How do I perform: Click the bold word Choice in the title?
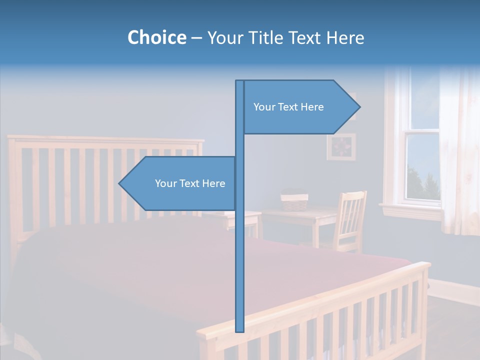(156, 37)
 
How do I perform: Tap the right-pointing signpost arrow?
(300, 107)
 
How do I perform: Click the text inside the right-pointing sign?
(288, 107)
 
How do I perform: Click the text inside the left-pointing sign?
(190, 183)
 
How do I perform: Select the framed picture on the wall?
(341, 146)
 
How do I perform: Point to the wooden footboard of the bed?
(350, 315)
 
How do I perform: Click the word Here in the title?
(345, 38)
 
